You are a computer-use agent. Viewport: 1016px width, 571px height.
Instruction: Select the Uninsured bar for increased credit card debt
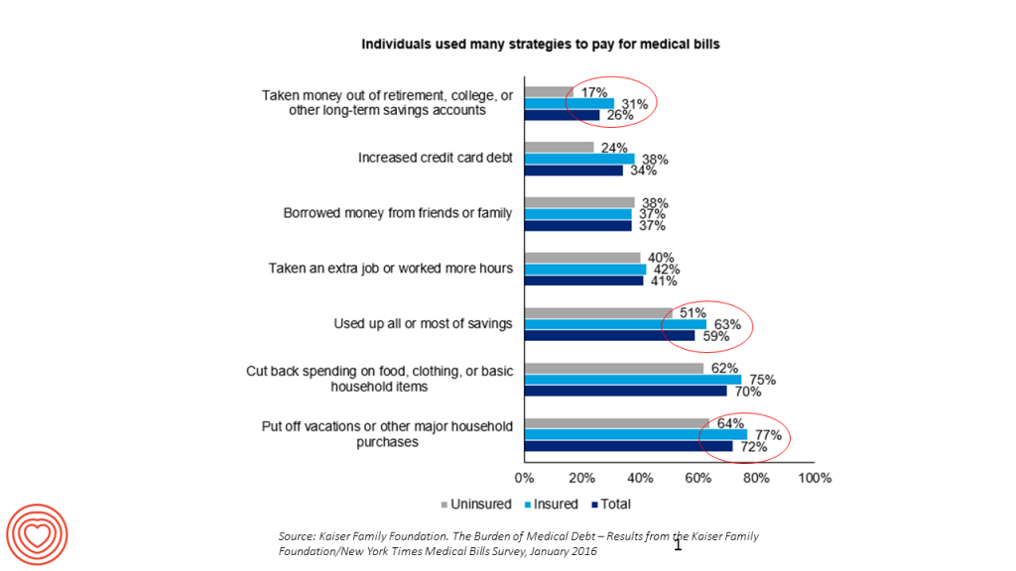559,148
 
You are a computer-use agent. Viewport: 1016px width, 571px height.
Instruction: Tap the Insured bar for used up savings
615,323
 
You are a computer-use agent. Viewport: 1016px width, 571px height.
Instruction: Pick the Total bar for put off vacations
628,445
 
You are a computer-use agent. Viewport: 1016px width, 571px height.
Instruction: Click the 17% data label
594,92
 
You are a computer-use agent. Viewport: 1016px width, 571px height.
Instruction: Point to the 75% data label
762,380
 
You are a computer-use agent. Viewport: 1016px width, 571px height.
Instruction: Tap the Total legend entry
610,505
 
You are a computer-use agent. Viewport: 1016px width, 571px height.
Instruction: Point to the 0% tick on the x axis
524,479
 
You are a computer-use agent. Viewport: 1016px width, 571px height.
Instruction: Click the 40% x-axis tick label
640,479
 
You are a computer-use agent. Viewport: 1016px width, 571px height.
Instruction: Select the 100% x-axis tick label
815,479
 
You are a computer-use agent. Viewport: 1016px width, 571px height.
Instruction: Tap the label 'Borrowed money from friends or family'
398,213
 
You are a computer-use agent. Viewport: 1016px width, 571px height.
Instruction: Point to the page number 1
679,544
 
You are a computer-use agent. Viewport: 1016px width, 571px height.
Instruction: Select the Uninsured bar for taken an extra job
582,258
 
